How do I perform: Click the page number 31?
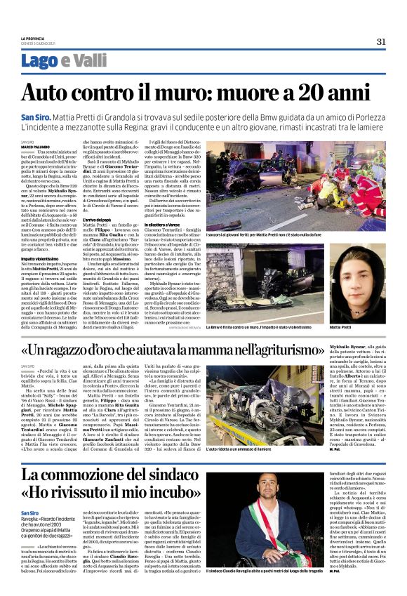381,41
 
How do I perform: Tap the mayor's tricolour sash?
269,541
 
